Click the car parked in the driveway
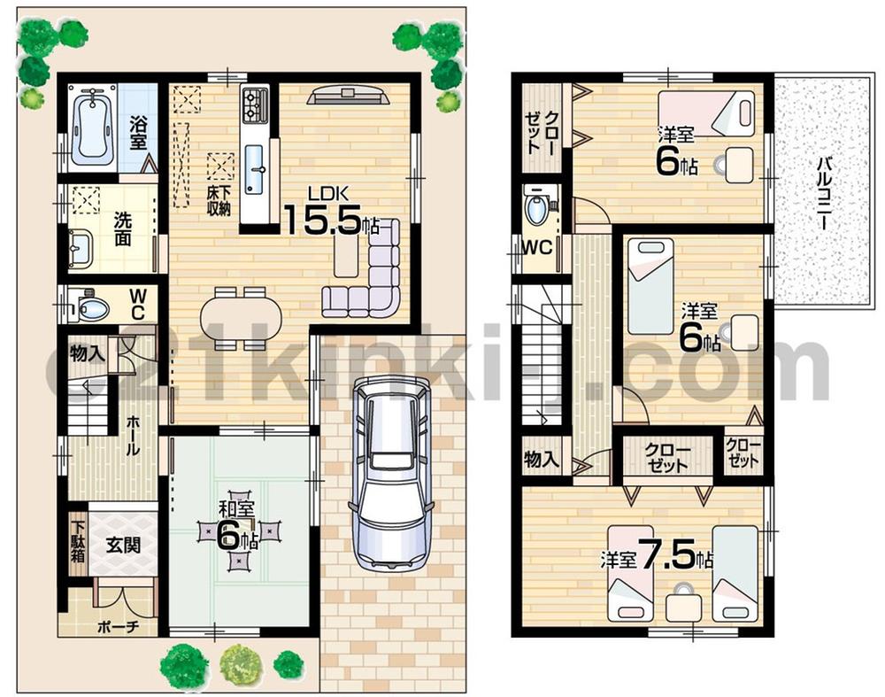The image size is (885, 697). (x=391, y=472)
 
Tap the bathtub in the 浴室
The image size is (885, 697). (x=93, y=126)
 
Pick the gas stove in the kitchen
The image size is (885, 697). (x=255, y=106)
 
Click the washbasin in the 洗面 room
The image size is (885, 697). (x=80, y=248)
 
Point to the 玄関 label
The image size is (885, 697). (x=123, y=544)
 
